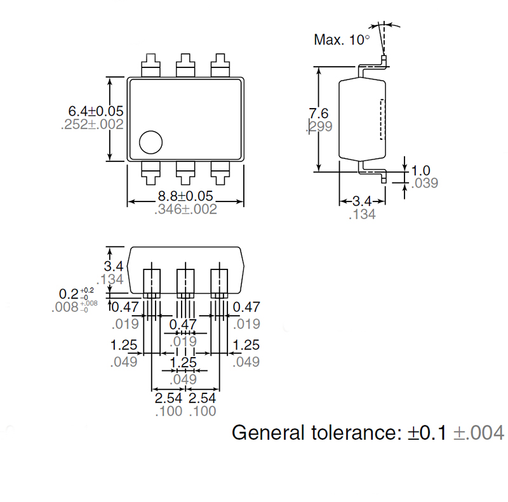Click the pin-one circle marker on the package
(151, 142)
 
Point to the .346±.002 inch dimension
(185, 209)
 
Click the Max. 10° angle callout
(342, 40)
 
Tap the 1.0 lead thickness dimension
(421, 170)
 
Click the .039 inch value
(424, 184)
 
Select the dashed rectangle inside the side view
(382, 119)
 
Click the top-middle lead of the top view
(185, 65)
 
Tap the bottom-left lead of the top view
(150, 171)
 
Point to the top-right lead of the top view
(220, 65)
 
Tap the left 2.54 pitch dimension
(168, 398)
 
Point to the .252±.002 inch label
(92, 125)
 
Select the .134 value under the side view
(362, 215)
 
